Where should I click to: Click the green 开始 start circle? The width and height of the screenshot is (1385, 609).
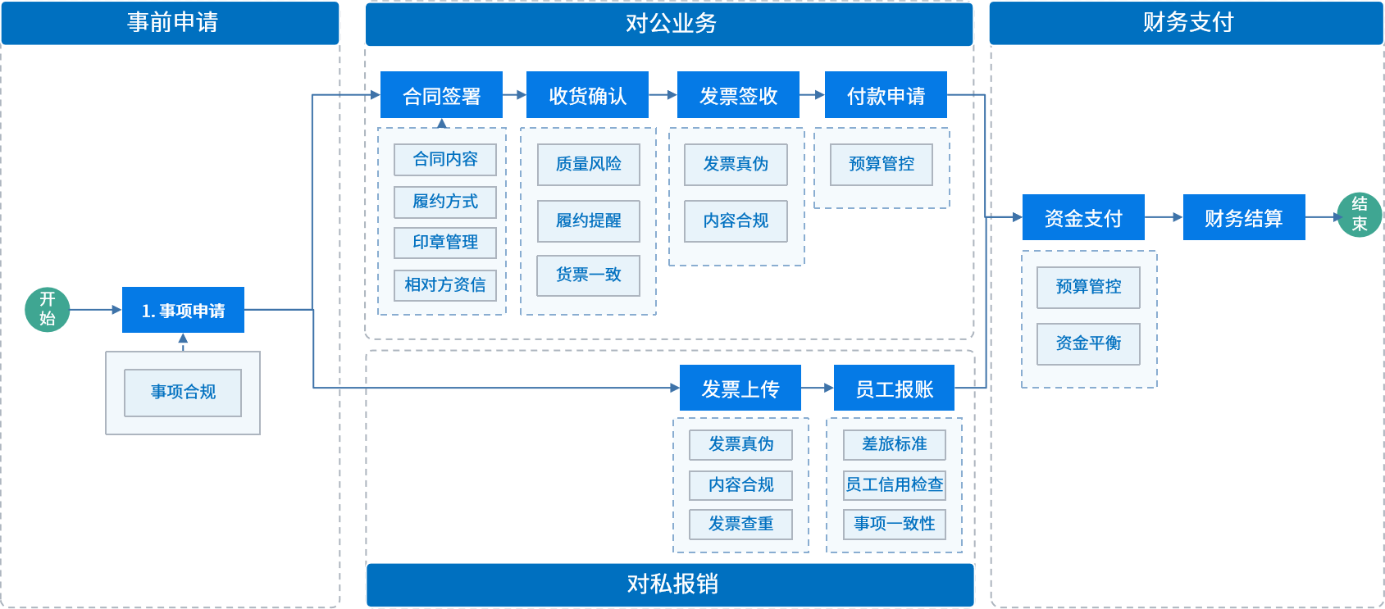(47, 310)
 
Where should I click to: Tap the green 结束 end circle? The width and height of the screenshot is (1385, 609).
(1359, 215)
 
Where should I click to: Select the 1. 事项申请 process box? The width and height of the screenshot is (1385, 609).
(183, 310)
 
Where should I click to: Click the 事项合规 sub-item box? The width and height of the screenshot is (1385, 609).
(183, 393)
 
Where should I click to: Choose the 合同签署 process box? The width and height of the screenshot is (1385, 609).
(441, 94)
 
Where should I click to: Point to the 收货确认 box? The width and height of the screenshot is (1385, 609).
(587, 94)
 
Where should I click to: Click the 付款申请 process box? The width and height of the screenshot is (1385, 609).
(886, 94)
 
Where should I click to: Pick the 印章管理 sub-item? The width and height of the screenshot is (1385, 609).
(445, 243)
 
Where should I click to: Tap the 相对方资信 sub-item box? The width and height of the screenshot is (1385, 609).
(445, 285)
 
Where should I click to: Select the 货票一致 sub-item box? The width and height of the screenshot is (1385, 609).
(588, 275)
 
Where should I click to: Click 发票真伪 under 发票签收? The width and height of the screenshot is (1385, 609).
(736, 165)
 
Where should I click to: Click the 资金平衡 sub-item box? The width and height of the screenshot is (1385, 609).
(1088, 343)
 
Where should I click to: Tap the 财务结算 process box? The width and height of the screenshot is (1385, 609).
(1244, 217)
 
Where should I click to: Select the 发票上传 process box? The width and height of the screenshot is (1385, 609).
(740, 388)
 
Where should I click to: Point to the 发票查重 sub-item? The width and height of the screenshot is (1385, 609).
(740, 525)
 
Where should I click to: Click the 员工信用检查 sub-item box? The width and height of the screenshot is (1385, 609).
(895, 484)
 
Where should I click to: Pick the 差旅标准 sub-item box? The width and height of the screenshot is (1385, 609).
(895, 444)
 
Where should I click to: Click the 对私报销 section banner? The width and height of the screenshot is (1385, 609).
(670, 584)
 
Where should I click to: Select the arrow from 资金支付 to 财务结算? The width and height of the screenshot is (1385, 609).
(1164, 217)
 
